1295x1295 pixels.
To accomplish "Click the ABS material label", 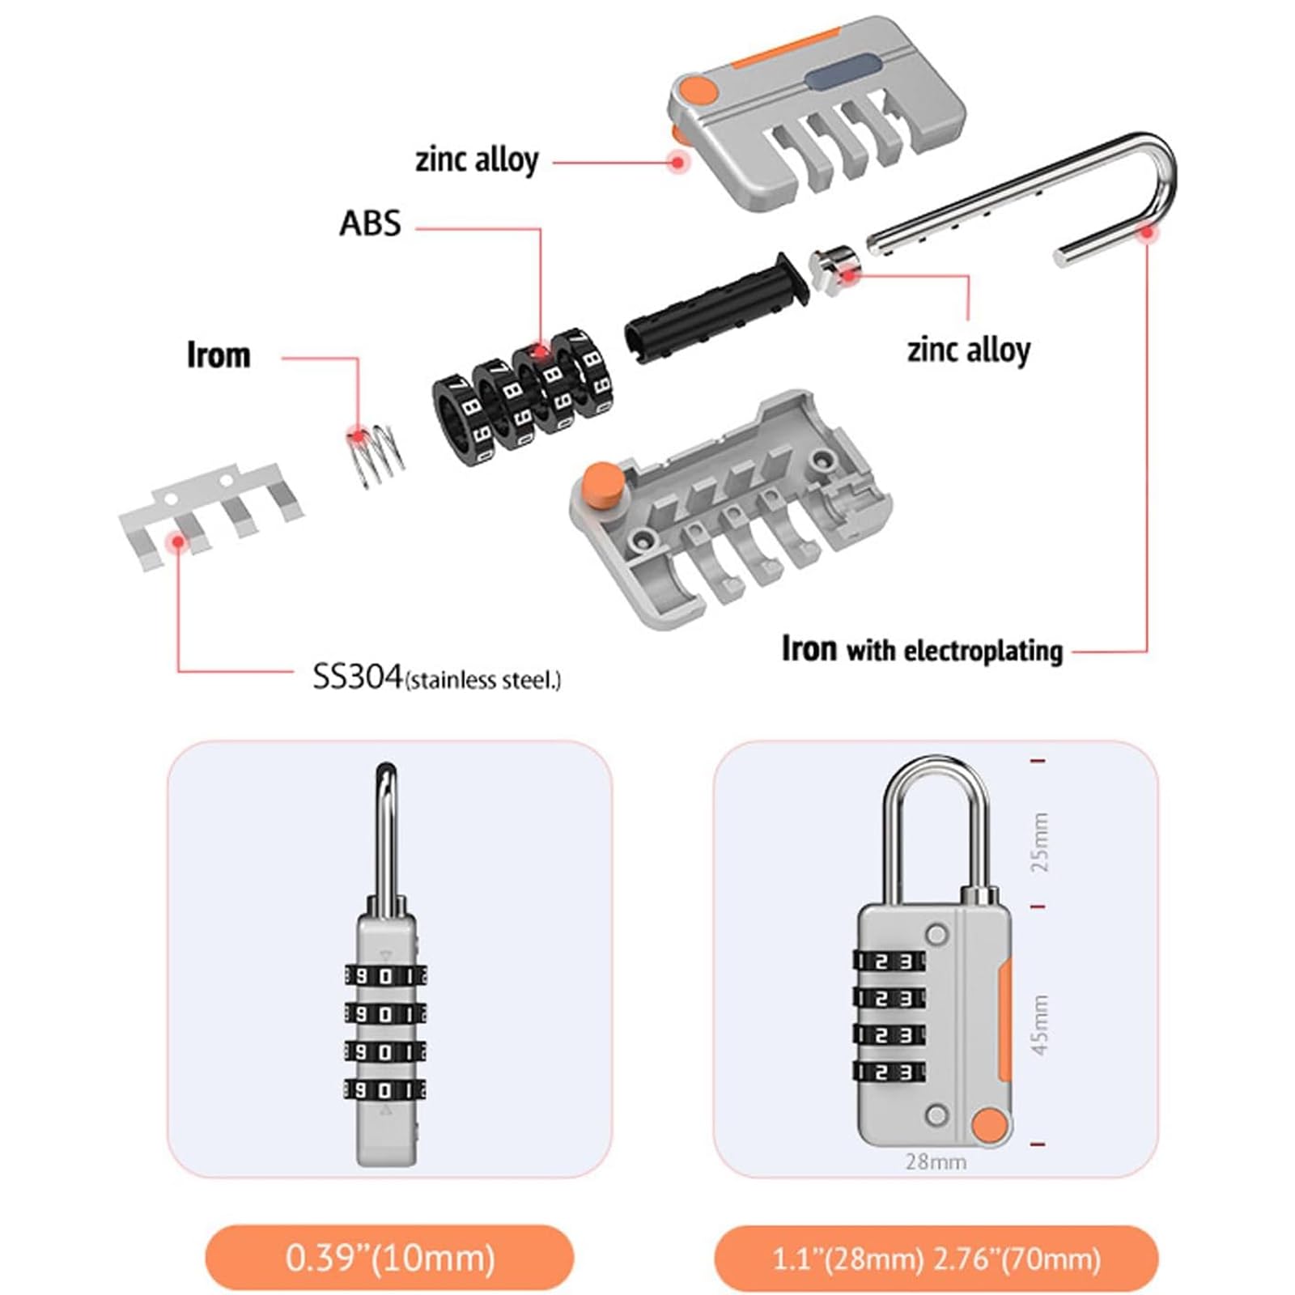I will pos(370,223).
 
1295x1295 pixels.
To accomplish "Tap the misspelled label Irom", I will pos(219,355).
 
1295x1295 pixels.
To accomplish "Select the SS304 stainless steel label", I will pos(436,677).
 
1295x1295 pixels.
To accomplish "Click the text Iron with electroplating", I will pos(922,650).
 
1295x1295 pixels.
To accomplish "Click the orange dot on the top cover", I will pos(698,90).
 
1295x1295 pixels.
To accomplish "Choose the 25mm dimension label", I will pos(1039,842).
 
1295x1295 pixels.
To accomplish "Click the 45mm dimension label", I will pos(1039,1025).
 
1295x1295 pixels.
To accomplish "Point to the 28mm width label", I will pos(936,1162).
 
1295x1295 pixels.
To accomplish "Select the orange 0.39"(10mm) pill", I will pos(389,1258).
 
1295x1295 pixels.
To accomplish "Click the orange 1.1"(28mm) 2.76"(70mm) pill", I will pos(936,1259).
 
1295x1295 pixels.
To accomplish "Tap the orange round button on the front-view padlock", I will pos(989,1126).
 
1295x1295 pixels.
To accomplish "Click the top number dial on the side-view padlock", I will pos(386,977).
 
